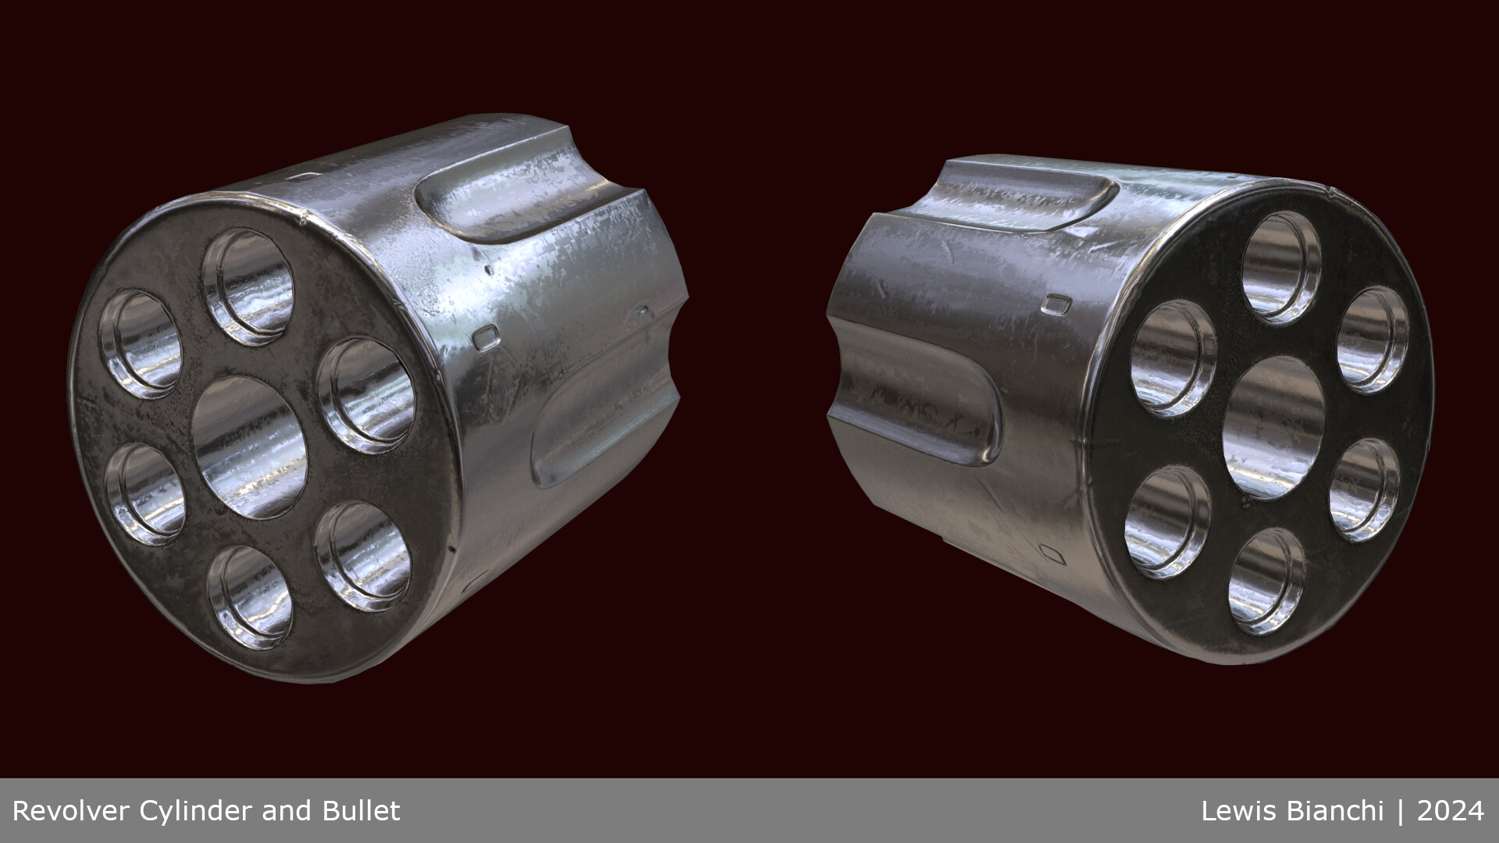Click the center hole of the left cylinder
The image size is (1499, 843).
[250, 448]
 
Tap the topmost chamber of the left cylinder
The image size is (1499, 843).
[250, 286]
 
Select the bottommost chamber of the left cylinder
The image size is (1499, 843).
[250, 596]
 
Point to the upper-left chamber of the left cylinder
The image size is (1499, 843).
[141, 343]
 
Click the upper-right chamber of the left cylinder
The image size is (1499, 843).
[366, 395]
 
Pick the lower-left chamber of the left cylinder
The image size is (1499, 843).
[144, 493]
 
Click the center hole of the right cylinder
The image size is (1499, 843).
[1273, 427]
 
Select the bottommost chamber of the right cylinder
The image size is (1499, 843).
[1266, 581]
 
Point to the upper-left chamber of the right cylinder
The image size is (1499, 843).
[1173, 357]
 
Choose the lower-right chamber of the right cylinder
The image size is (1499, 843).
[1364, 489]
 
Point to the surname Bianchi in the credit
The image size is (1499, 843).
[1333, 811]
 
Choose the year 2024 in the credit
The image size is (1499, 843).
[1451, 811]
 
